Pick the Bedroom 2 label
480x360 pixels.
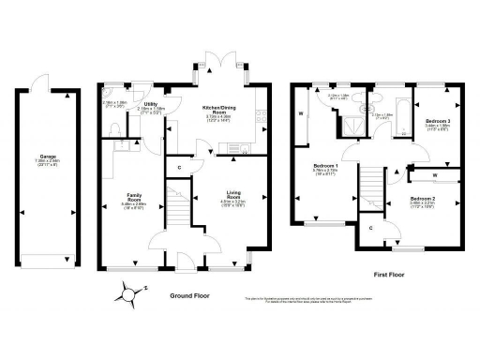click(x=422, y=200)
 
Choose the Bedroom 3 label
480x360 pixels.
click(x=438, y=123)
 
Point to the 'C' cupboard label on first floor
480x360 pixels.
click(x=371, y=228)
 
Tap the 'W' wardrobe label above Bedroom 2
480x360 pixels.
click(x=436, y=174)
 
